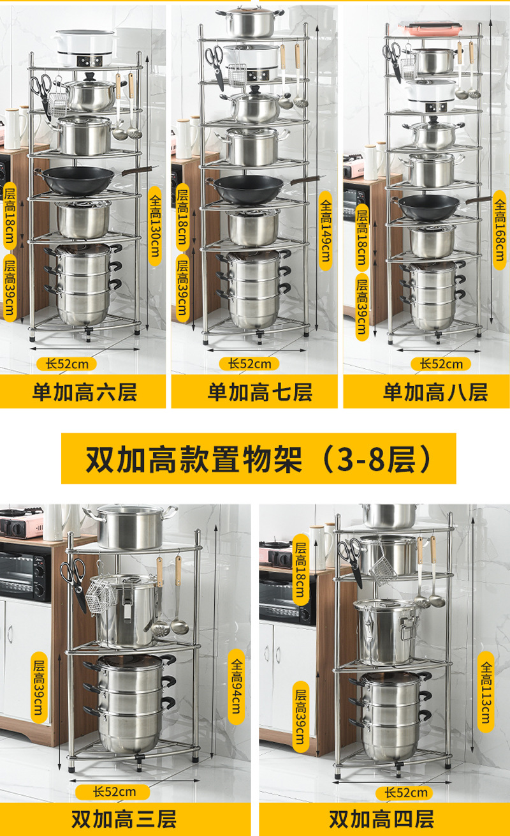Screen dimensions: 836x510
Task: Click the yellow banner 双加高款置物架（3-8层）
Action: (259, 458)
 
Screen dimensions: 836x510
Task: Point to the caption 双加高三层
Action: (123, 819)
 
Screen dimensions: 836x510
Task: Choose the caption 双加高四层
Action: (381, 819)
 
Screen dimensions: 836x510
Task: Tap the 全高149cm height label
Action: (324, 230)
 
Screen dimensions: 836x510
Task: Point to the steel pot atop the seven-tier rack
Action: (250, 22)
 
